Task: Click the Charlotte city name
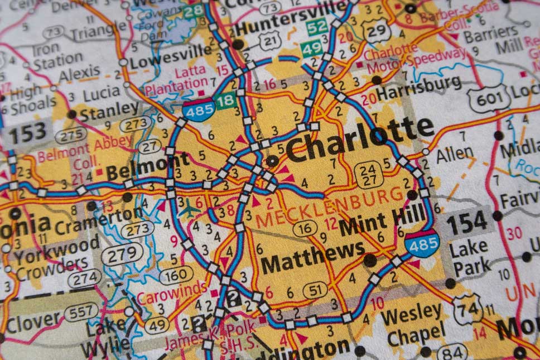360,138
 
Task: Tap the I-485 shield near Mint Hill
422,243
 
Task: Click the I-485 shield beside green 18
199,109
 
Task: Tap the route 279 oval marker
122,255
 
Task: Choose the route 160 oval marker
176,275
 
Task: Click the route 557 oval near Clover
81,311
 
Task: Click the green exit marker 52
317,26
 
